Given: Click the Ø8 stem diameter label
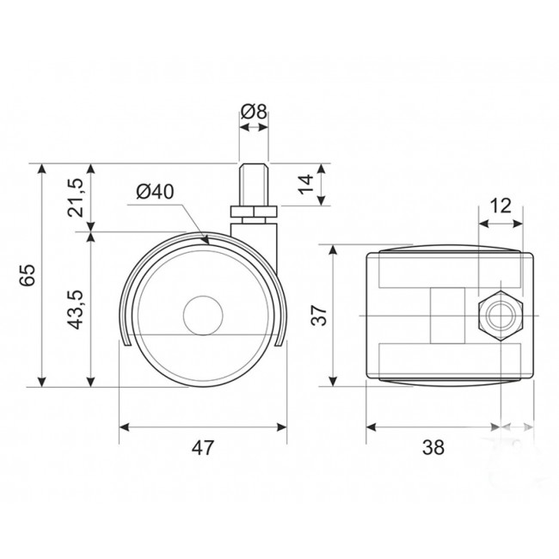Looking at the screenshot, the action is tap(254, 112).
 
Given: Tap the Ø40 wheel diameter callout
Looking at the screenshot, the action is tap(155, 192).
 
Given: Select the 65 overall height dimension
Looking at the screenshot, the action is tap(28, 275).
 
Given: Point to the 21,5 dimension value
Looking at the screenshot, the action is tap(76, 198).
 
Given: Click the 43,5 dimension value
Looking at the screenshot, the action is tap(76, 310).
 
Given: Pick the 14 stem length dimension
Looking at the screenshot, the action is tap(305, 184).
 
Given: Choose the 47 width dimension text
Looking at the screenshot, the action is tap(203, 448).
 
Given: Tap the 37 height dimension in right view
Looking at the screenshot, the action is tap(319, 315).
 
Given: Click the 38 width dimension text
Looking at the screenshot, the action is tap(433, 448).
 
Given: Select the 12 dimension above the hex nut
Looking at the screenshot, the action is tap(501, 206).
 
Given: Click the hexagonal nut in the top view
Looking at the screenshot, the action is tap(501, 316).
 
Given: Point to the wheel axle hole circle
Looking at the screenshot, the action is tap(203, 315).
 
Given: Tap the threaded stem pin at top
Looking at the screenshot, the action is tap(254, 184).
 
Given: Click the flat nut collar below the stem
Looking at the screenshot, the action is tap(254, 212).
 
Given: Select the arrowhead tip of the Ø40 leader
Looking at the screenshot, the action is tap(209, 244).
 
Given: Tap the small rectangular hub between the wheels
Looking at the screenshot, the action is tap(448, 316).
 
